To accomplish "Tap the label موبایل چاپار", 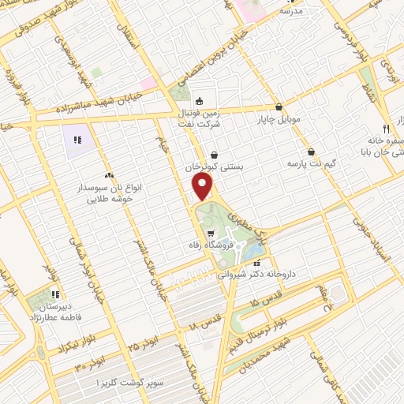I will [278, 120].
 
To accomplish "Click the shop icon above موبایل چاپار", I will [279, 107].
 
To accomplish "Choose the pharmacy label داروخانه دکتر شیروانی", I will [256, 277].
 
